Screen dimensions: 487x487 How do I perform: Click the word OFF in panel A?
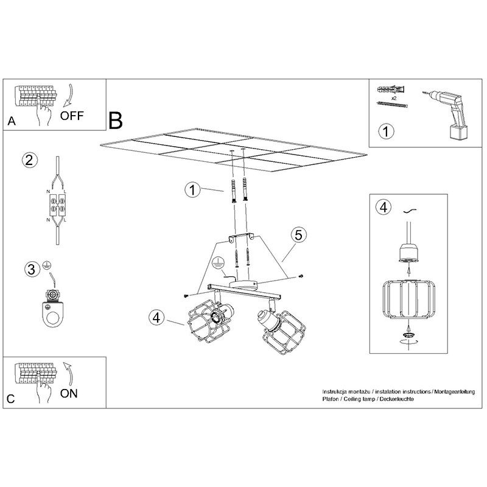tap(72, 116)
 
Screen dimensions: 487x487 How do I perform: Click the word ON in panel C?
tap(69, 393)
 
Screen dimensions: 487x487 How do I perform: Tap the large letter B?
tap(116, 121)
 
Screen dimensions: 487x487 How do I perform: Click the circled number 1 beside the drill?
tap(386, 131)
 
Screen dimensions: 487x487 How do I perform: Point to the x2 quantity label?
tap(394, 98)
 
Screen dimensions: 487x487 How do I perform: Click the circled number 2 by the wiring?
tap(29, 160)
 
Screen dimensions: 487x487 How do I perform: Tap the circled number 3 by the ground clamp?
tap(32, 269)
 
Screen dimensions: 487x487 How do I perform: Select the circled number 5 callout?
tap(298, 235)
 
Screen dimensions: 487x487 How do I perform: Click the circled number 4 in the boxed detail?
tap(384, 207)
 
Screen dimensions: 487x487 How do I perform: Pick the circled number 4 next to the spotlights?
tap(156, 318)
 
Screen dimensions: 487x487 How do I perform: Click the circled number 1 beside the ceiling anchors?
tap(192, 190)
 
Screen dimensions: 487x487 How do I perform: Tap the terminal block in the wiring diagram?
tap(57, 205)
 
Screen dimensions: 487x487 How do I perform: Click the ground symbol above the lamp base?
tap(218, 262)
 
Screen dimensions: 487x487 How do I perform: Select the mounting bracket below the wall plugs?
tap(241, 237)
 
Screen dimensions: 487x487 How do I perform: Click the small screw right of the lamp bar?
tap(301, 276)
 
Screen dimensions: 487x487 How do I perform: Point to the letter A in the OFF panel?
tap(12, 121)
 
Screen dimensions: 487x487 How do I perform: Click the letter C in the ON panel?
tap(10, 399)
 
